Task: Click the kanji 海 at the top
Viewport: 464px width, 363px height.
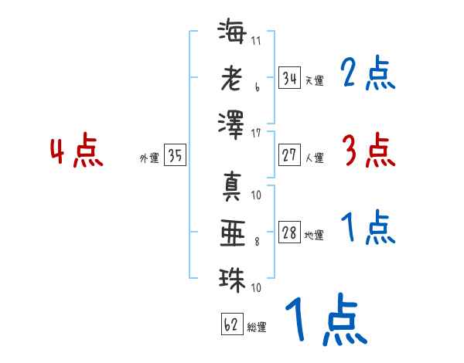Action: pyautogui.click(x=232, y=31)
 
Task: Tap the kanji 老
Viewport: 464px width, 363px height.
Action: pyautogui.click(x=232, y=78)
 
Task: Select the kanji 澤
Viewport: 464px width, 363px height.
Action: pyautogui.click(x=231, y=125)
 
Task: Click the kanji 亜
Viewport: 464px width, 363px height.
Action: pyautogui.click(x=233, y=233)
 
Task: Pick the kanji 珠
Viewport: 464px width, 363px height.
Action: pyautogui.click(x=232, y=280)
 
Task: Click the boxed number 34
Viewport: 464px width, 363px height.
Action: pyautogui.click(x=290, y=78)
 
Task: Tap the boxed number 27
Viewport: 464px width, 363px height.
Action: pyautogui.click(x=290, y=155)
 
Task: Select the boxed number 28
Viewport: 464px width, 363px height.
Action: pyautogui.click(x=290, y=232)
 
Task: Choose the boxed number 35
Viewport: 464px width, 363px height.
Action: pyautogui.click(x=176, y=155)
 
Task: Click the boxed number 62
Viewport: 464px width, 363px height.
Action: pyautogui.click(x=232, y=324)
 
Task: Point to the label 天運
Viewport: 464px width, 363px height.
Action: pyautogui.click(x=315, y=80)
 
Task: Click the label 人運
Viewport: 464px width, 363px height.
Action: pyautogui.click(x=315, y=158)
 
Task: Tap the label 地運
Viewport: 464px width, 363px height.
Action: pyautogui.click(x=314, y=235)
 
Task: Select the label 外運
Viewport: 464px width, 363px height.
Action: pyautogui.click(x=149, y=158)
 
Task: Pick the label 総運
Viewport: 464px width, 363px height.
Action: pyautogui.click(x=257, y=327)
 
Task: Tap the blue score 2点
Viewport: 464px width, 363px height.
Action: pyautogui.click(x=368, y=73)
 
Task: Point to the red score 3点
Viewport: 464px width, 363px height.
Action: pyautogui.click(x=369, y=150)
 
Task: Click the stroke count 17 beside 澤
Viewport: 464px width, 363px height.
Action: pyautogui.click(x=256, y=134)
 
